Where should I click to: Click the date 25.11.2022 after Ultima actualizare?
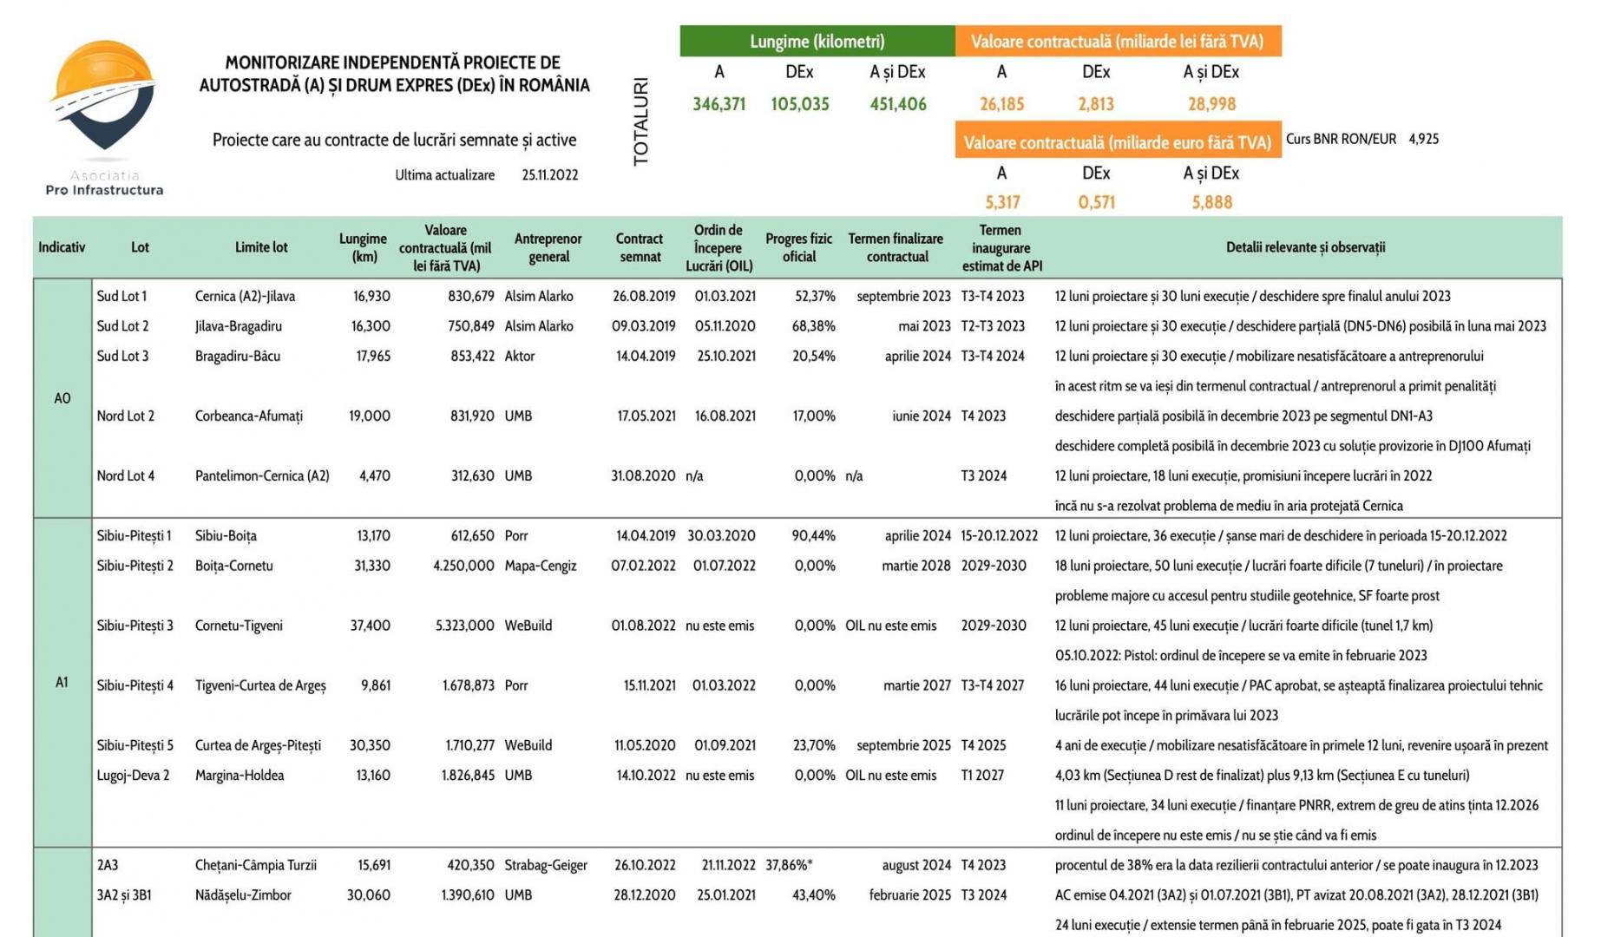549,175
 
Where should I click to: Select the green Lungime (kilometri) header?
817,42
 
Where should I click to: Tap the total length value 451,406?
898,104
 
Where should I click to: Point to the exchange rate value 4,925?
1423,139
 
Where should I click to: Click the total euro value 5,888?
1211,202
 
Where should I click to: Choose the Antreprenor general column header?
548,247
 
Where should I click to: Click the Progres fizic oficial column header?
798,247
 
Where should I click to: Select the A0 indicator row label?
62,398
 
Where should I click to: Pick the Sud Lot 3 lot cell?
122,357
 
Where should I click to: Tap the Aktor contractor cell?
520,357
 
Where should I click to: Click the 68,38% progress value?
813,326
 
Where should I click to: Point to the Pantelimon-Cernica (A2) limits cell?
262,476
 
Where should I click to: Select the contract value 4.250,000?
463,566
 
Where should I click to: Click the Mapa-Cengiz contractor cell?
540,566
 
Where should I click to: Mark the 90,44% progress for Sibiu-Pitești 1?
813,536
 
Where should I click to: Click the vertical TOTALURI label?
641,121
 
